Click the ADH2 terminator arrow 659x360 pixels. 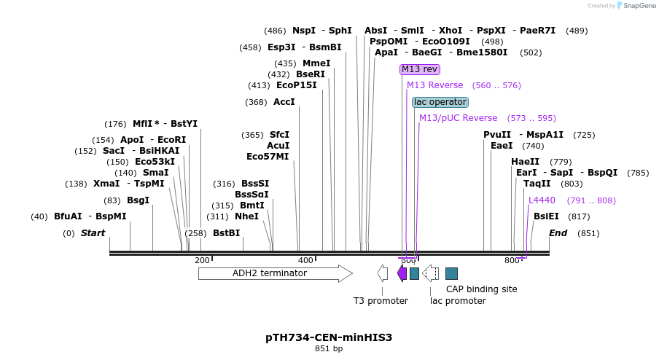point(276,273)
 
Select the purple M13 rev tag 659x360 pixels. point(420,69)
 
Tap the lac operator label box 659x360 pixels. point(440,102)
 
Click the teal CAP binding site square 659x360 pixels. point(451,273)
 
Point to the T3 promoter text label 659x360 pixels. point(381,301)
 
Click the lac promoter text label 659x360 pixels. point(458,301)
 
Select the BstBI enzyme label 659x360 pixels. point(227,232)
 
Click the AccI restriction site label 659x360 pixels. point(284,101)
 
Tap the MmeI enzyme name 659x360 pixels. point(316,63)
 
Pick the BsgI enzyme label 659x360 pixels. point(139,200)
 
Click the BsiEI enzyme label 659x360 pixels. point(546,216)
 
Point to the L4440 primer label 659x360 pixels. point(542,200)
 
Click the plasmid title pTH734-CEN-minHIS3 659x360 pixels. point(329,337)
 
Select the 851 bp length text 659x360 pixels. point(329,348)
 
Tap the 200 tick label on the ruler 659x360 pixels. point(202,260)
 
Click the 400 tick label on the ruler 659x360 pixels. point(305,260)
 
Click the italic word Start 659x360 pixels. point(93,232)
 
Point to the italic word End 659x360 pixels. point(558,232)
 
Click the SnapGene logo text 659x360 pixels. point(639,5)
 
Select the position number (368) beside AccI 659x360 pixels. point(256,102)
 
